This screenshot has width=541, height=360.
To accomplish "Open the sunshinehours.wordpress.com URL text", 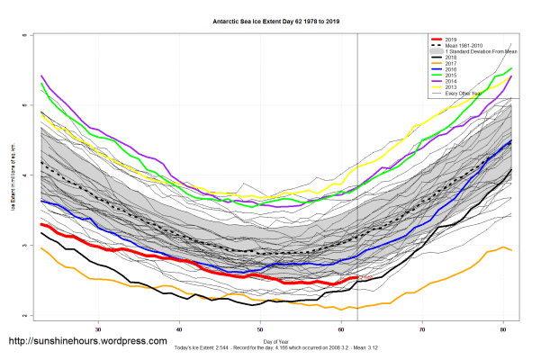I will [x=87, y=342].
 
